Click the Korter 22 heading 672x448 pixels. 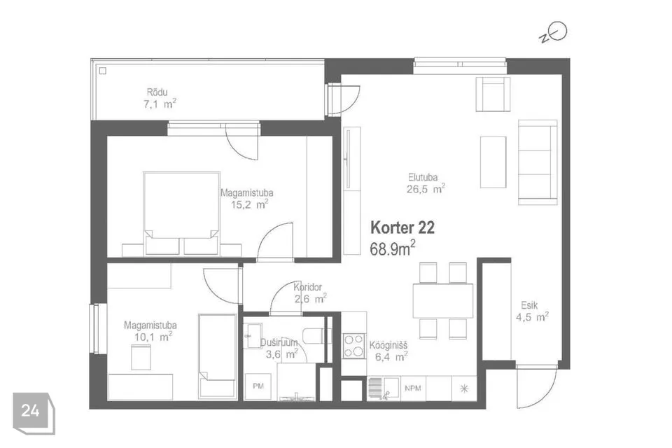(x=402, y=227)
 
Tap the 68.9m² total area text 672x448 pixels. (x=393, y=248)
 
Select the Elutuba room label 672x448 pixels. (x=423, y=177)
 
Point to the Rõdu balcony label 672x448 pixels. (x=157, y=92)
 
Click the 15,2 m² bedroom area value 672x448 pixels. (x=250, y=204)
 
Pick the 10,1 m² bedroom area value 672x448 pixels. (x=153, y=337)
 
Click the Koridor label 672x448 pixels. (x=308, y=287)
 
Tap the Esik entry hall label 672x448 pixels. (x=529, y=305)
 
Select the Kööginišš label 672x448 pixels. (x=388, y=345)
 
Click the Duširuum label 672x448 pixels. (x=279, y=342)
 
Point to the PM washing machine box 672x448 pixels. (x=258, y=386)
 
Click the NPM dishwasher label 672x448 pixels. (x=413, y=388)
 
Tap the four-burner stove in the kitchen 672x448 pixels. (x=354, y=346)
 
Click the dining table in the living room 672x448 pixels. (x=443, y=300)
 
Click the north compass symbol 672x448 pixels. (x=554, y=33)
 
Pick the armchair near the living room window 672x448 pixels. (x=493, y=94)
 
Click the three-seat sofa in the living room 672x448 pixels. (x=538, y=162)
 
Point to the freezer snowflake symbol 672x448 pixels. (x=464, y=388)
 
